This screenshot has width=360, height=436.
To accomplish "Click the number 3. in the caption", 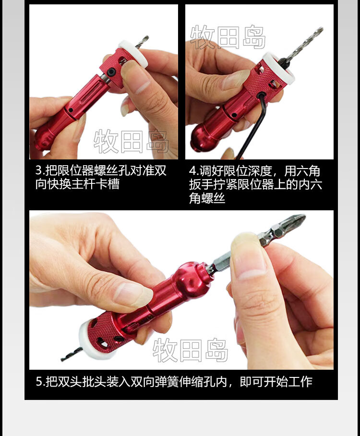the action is [40, 170].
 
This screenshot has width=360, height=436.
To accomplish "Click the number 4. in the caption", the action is [194, 171].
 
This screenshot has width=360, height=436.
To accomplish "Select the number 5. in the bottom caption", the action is [40, 381].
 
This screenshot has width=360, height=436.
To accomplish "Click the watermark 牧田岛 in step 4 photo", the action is [228, 37].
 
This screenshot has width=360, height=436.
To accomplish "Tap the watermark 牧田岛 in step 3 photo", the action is [132, 141].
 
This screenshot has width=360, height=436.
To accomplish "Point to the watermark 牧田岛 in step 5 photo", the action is [191, 350].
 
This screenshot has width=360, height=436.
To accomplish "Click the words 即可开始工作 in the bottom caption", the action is [276, 381].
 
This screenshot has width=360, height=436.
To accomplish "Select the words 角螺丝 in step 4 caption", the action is [207, 198].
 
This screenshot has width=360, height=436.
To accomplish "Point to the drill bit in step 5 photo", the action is [71, 354].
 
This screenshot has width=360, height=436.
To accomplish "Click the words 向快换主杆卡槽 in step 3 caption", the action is [78, 184].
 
